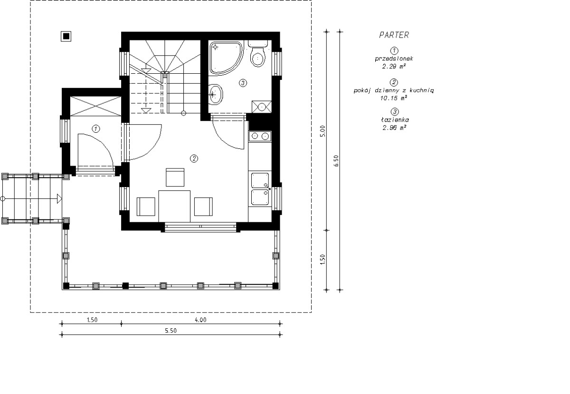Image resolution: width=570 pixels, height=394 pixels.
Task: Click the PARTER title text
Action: coord(394,35)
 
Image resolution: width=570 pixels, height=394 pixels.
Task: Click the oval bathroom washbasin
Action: coord(216,95)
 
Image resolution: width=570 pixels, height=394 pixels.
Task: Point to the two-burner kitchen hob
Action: coord(260,137)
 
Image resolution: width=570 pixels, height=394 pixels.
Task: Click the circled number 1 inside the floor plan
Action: coord(95,128)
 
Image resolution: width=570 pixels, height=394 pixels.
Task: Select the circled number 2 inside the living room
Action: coord(194,158)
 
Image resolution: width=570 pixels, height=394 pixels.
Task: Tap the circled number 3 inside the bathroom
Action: coord(243,83)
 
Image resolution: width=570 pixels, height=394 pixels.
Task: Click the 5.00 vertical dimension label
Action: coord(323,131)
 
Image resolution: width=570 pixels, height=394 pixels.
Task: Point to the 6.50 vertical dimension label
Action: coord(336,161)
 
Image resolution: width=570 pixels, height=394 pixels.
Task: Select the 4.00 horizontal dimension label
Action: coord(200,320)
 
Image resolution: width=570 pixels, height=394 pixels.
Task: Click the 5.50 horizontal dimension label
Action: coord(171,331)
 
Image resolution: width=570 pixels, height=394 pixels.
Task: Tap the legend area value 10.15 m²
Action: coord(393,98)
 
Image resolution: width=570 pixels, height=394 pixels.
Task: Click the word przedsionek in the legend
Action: coord(394,59)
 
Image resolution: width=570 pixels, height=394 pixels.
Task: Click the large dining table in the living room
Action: coord(174,207)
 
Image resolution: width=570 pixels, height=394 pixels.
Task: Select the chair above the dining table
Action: coord(175,177)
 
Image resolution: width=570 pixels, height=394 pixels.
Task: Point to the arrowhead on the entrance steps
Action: coord(59,198)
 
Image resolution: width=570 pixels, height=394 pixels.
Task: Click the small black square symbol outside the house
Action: coord(66,37)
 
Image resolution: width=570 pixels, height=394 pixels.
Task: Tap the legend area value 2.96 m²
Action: coord(394,128)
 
